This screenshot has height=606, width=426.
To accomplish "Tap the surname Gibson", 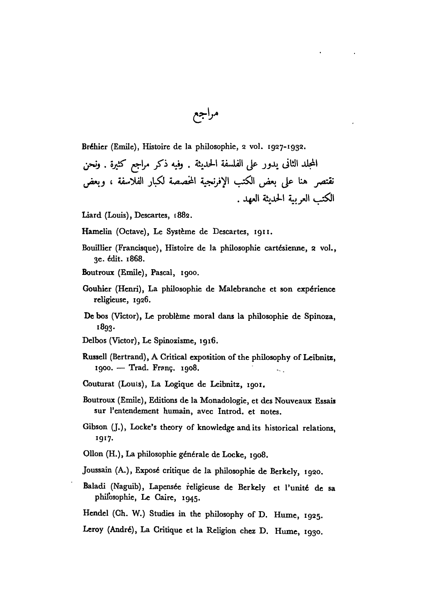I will [93, 428].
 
